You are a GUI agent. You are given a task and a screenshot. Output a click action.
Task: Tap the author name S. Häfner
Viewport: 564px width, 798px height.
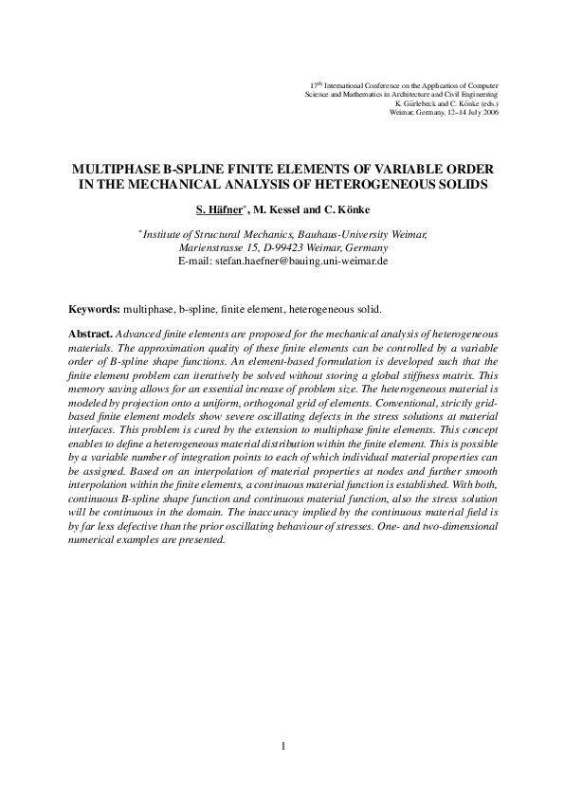pyautogui.click(x=221, y=208)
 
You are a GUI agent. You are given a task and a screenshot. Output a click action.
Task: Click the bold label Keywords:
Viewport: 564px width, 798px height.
pyautogui.click(x=94, y=310)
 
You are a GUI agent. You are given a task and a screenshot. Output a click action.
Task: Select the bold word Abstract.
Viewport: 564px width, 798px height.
pyautogui.click(x=91, y=336)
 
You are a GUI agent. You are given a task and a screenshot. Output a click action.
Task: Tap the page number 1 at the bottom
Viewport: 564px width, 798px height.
pyautogui.click(x=282, y=747)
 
